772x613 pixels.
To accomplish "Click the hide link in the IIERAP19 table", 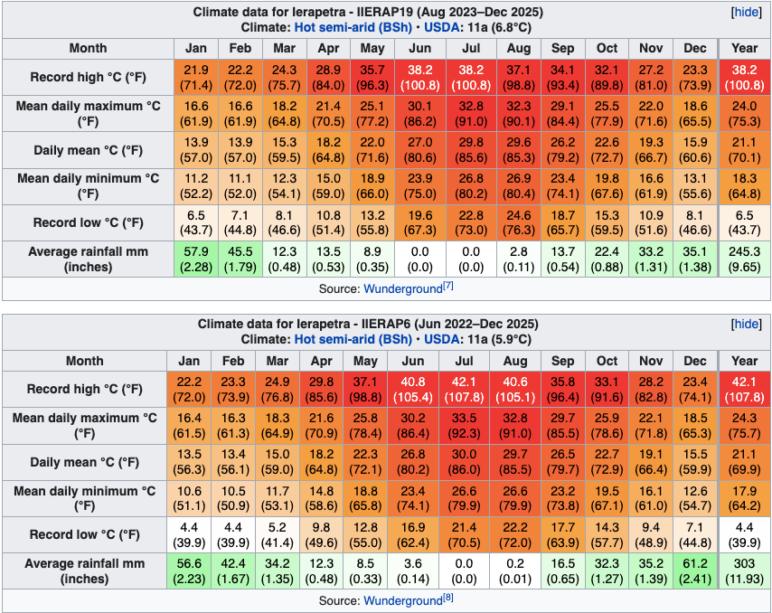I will coord(746,14).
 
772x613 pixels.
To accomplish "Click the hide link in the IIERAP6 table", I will coord(746,325).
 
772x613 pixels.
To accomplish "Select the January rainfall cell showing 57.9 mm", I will coord(196,259).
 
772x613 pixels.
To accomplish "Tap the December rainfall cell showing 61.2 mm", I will coord(695,571).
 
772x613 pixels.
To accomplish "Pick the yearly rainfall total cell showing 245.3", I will coord(745,259).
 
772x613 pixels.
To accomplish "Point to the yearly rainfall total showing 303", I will coord(745,571).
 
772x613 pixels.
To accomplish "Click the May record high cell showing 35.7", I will coord(372,78).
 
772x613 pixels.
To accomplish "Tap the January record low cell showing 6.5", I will coord(196,222).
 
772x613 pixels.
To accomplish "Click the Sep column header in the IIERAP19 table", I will coord(562,48).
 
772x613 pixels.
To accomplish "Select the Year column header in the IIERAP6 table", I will coord(745,360).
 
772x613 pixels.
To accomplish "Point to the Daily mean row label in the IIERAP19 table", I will coord(88,150).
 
